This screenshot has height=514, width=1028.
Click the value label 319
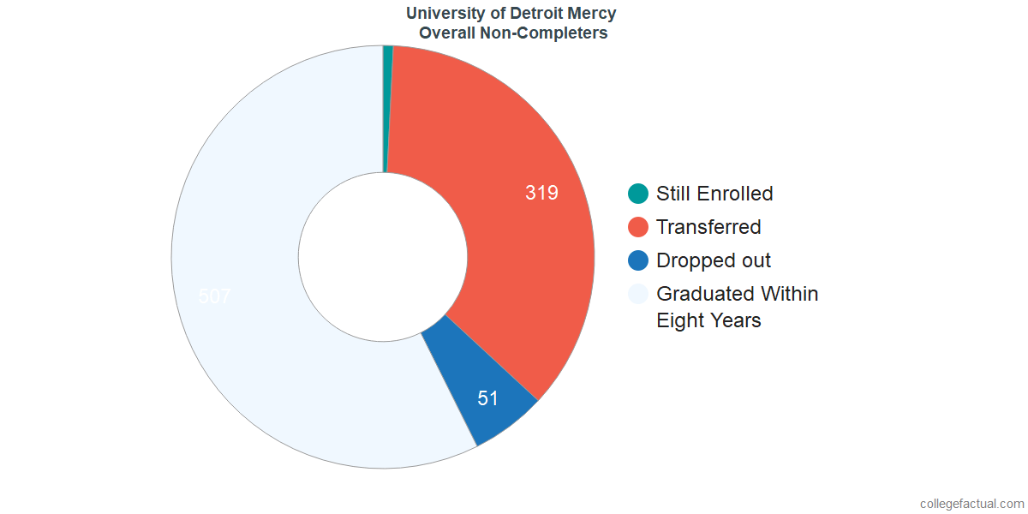(541, 194)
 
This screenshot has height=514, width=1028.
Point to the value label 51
(488, 398)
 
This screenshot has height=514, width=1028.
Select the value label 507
(214, 296)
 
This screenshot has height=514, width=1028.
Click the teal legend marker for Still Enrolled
(638, 194)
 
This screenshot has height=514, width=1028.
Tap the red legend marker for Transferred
(638, 227)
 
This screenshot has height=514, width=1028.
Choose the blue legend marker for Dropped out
(638, 260)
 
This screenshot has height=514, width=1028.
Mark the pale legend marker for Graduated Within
(638, 294)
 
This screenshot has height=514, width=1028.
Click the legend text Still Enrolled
(714, 194)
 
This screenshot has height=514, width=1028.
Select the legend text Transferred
(708, 227)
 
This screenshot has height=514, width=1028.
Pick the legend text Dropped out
(714, 260)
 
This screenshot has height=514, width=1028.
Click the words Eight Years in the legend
(708, 320)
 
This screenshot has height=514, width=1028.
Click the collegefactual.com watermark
(971, 504)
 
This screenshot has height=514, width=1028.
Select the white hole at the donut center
(382, 257)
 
